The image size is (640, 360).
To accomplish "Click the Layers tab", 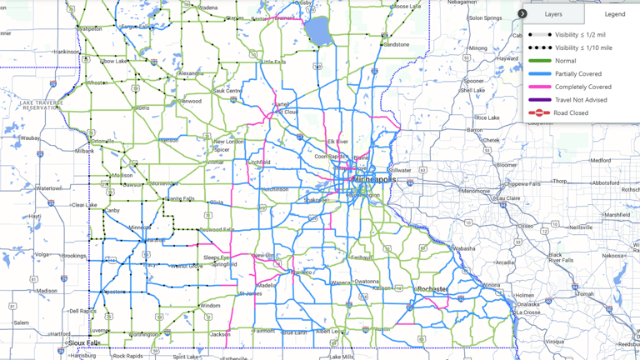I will (553, 14).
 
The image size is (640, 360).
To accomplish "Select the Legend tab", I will (614, 14).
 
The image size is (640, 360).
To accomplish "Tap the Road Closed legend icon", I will (539, 112).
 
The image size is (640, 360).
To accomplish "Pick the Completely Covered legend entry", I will (582, 87).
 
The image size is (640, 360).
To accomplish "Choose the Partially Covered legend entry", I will (577, 74).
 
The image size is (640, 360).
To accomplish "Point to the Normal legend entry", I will (565, 61).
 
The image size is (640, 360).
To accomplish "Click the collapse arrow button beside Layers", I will (522, 14).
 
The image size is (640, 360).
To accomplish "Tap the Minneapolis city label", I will (374, 179).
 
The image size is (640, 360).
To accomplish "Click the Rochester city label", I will (432, 289).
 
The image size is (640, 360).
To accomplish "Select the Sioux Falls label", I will (84, 342).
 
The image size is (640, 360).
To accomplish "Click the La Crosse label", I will (529, 312).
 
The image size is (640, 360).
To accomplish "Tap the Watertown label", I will (49, 188).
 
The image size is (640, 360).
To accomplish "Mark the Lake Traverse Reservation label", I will (42, 104).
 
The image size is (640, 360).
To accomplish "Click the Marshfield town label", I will (617, 214).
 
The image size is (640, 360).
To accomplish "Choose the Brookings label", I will (73, 256).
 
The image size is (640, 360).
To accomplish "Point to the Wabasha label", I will (463, 248).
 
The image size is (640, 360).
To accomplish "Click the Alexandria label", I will (190, 73).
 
